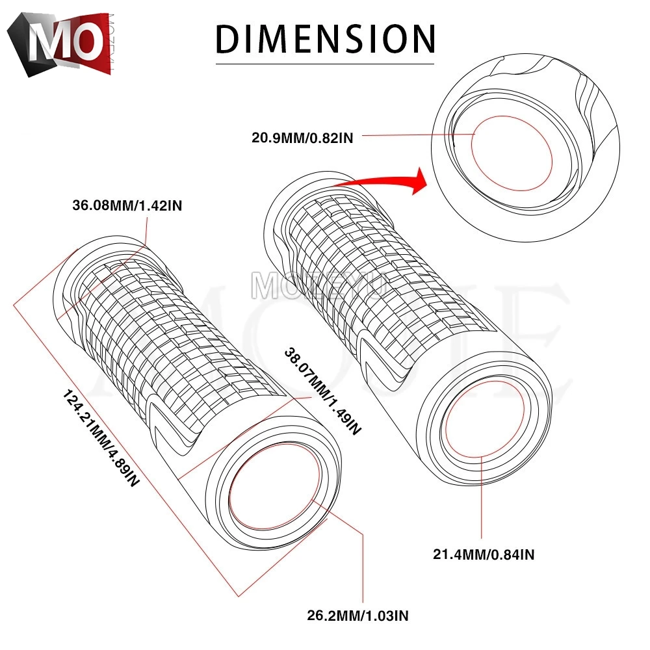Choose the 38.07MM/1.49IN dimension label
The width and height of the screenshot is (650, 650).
pyautogui.click(x=321, y=390)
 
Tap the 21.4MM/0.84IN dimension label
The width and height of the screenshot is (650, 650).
pyautogui.click(x=484, y=554)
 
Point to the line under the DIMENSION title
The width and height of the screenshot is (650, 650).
pyautogui.click(x=325, y=64)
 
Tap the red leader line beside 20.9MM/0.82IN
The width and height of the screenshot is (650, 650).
pyautogui.click(x=416, y=135)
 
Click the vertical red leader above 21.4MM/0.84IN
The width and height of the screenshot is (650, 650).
pyautogui.click(x=482, y=500)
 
